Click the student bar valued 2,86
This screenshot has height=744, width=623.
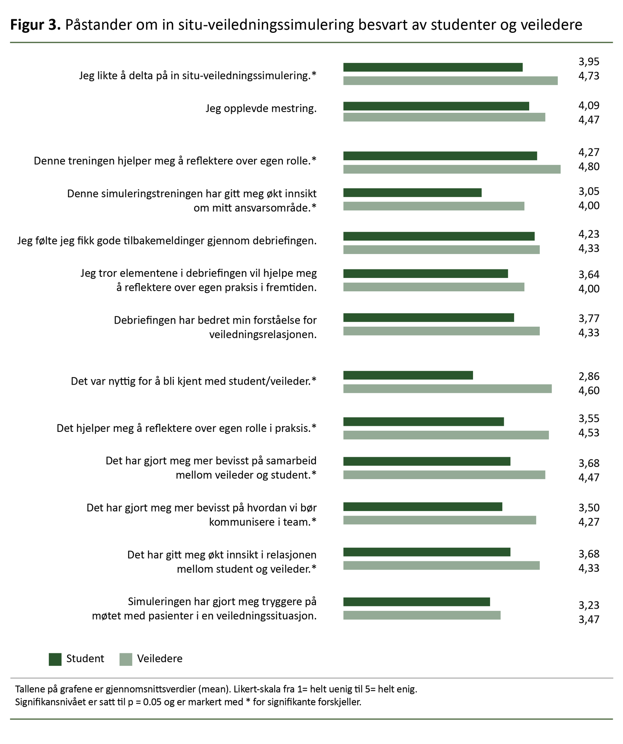[x=408, y=375]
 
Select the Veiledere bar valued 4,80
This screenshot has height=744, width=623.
[x=451, y=169]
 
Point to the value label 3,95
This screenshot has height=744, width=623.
[x=589, y=62]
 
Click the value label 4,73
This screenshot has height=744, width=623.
[x=589, y=76]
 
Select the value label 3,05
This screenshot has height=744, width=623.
[x=589, y=192]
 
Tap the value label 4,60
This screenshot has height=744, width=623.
[x=589, y=391]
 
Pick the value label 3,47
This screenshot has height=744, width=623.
[x=589, y=619]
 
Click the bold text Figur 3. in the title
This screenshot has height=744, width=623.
[x=35, y=25]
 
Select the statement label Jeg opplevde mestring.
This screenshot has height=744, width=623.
[x=261, y=109]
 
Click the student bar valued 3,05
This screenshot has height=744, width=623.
[x=412, y=193]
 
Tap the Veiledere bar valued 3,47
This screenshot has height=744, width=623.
[x=422, y=615]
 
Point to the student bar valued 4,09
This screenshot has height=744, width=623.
[x=436, y=106]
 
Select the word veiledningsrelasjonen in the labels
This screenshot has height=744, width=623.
[x=263, y=335]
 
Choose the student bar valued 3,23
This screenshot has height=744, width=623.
[x=416, y=602]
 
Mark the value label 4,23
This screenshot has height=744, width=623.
[x=589, y=234]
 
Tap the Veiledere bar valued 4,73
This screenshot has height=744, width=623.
[x=450, y=81]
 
